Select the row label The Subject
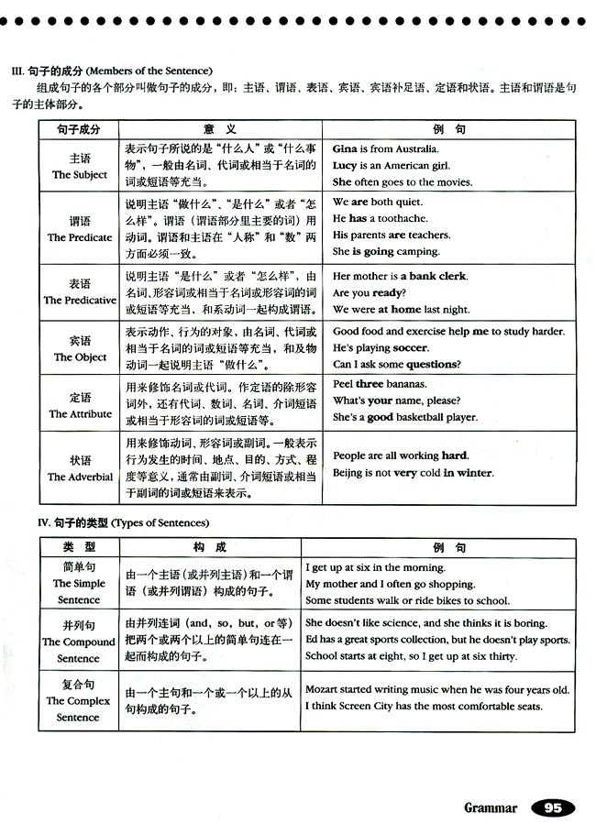coord(80,174)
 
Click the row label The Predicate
coord(80,237)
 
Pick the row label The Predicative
coord(80,300)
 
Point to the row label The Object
coord(80,357)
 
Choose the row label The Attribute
coord(80,414)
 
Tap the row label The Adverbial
coord(80,477)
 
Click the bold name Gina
coord(345,148)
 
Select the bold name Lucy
coord(345,165)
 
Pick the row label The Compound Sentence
coord(80,650)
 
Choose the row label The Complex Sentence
coord(80,708)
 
